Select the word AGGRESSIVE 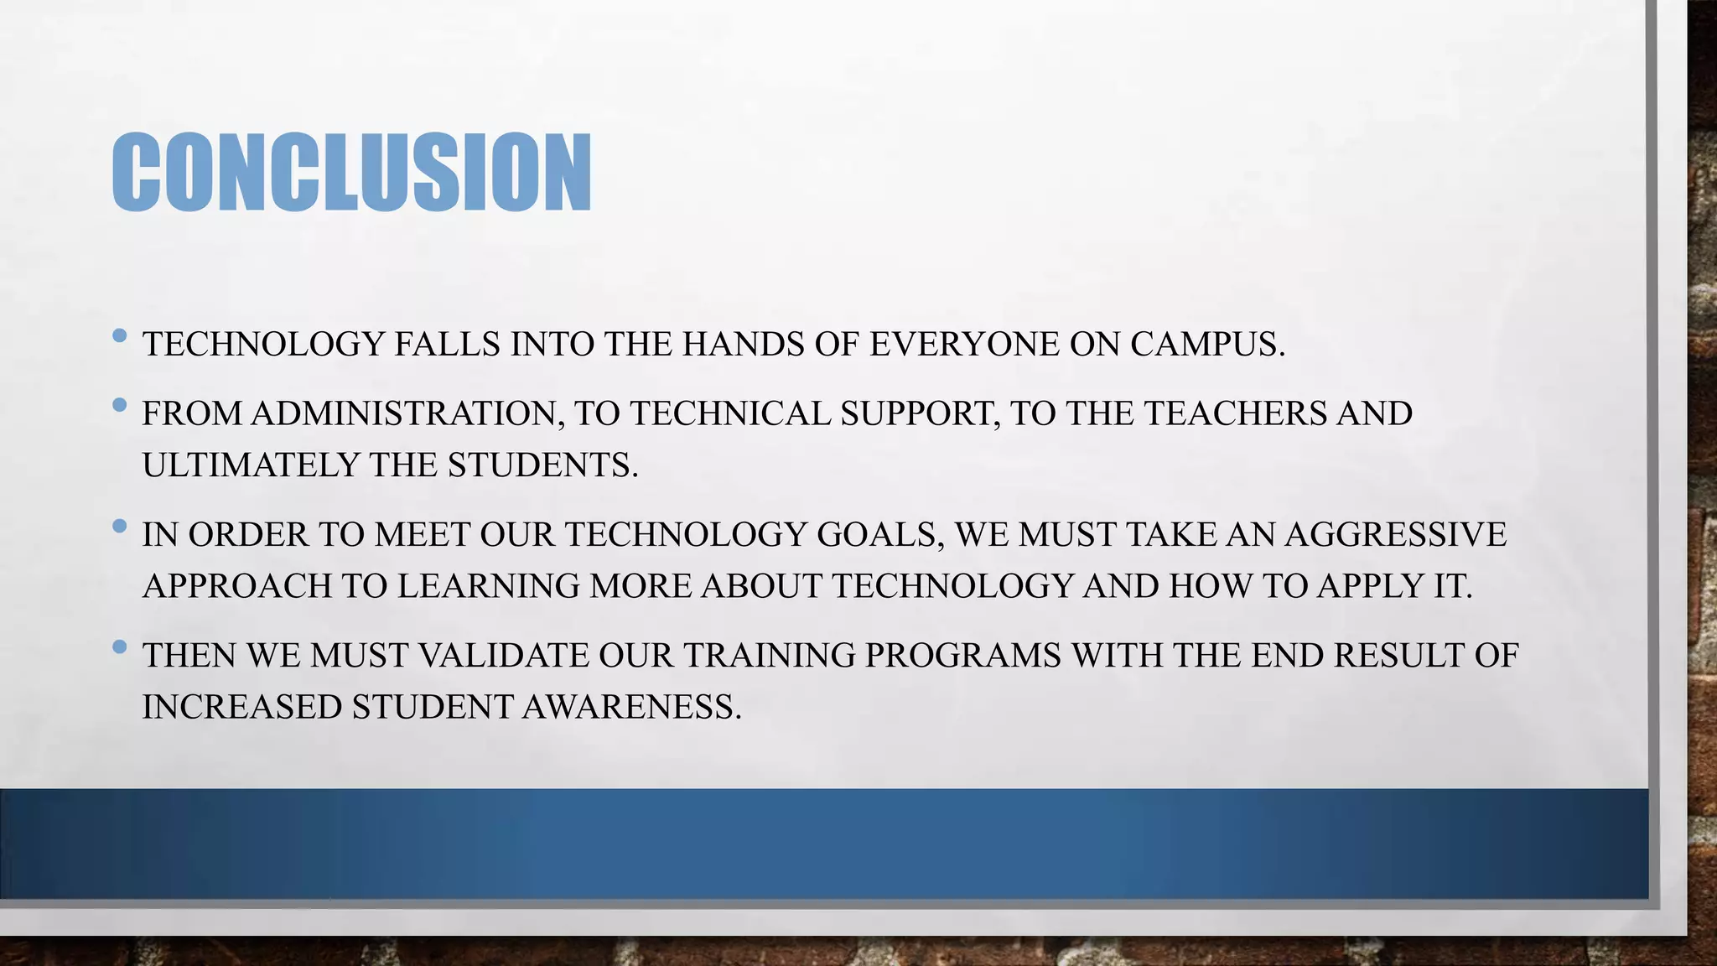[x=1395, y=535]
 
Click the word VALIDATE [x=503, y=656]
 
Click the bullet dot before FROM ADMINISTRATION [x=119, y=406]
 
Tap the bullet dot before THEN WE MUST [x=119, y=647]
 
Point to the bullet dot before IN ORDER [x=119, y=527]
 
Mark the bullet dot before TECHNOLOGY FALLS [x=119, y=336]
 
